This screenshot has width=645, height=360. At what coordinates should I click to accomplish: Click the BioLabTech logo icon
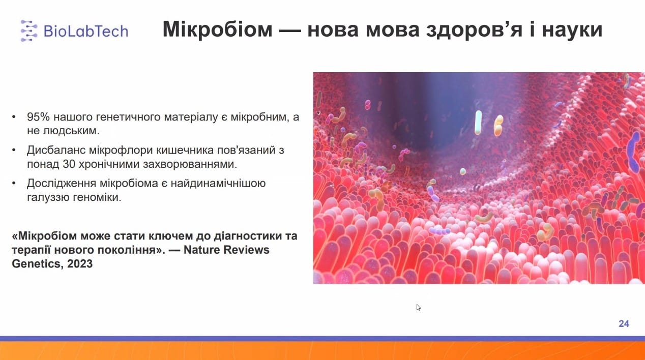pos(29,31)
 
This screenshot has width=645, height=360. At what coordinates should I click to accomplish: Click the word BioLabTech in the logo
pos(86,31)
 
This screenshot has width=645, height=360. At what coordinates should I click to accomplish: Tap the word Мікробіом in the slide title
pos(217,29)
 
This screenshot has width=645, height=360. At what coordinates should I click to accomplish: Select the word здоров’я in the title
pos(474,30)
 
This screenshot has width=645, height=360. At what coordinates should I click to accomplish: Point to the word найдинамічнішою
pos(218,184)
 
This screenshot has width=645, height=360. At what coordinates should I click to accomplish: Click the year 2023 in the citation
pos(80,263)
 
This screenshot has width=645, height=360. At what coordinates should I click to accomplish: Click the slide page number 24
pos(624,323)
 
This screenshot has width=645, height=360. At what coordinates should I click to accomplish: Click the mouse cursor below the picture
pos(419,307)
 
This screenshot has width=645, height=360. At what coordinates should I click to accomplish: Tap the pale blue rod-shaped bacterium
pos(478,123)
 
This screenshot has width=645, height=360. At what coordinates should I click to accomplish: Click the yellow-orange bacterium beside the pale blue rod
pos(499,126)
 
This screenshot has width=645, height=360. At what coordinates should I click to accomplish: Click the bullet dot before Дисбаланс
pos(14,150)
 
